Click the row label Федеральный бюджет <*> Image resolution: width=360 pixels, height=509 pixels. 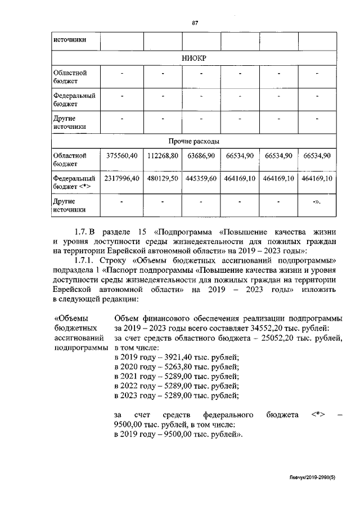tap(74, 182)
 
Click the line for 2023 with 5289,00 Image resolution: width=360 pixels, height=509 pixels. tap(177, 395)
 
